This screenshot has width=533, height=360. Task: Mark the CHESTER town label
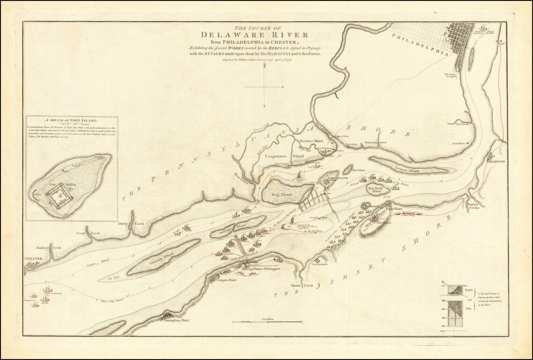pyautogui.click(x=34, y=259)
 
